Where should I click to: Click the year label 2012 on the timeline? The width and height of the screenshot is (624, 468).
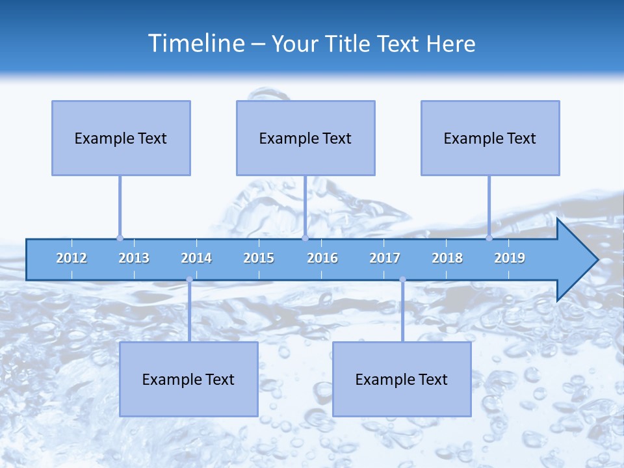[71, 259]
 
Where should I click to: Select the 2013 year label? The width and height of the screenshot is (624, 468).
[134, 259]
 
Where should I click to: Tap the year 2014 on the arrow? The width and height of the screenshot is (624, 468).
[196, 259]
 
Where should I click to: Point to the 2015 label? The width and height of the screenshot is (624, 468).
[259, 259]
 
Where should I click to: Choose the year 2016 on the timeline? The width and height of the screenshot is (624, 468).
[322, 259]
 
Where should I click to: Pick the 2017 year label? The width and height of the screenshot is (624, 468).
[385, 259]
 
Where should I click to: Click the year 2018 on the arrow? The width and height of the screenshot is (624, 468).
[447, 259]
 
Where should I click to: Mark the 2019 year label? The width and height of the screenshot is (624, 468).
[510, 259]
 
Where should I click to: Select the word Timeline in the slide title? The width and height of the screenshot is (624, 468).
[196, 44]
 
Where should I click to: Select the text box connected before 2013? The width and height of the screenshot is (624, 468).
[121, 138]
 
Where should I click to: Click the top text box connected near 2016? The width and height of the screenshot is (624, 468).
[305, 138]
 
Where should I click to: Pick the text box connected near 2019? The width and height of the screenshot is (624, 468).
[490, 138]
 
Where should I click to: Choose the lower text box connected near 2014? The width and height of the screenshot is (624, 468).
[188, 379]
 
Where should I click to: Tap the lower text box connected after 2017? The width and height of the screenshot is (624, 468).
[402, 379]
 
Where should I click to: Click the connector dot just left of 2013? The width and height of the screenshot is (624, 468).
[120, 238]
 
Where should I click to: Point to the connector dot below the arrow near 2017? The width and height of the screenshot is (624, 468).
[402, 279]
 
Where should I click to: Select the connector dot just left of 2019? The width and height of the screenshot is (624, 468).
[489, 238]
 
